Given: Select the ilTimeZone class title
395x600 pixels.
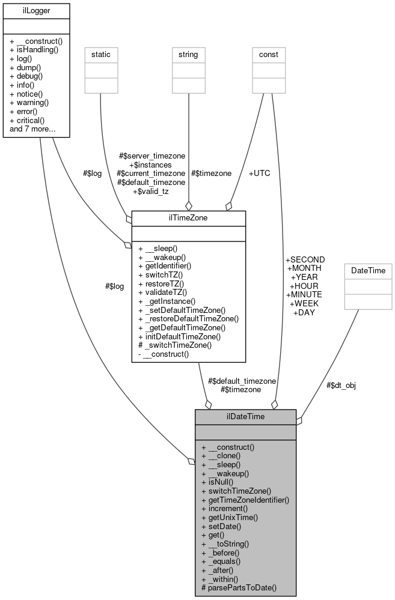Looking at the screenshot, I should tap(188, 218).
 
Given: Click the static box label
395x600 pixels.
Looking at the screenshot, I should tap(100, 55).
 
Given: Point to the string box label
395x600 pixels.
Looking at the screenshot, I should tap(188, 55).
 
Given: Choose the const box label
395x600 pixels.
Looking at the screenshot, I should tap(268, 55).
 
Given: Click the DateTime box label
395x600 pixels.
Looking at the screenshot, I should tap(367, 271).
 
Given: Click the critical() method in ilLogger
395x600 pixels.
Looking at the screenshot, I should tap(34, 120).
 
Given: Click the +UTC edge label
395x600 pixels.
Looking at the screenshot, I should tap(259, 173).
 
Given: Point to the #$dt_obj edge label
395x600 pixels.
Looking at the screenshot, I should tap(341, 385).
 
